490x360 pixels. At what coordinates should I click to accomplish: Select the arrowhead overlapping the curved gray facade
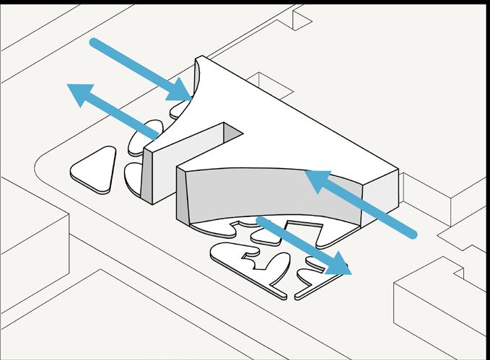tap(316, 180)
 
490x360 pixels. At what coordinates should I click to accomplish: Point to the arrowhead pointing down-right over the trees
tap(338, 266)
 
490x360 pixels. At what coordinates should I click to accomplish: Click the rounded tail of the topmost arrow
tap(95, 43)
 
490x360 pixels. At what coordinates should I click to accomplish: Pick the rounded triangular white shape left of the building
tap(95, 170)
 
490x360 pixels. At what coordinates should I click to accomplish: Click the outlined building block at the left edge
tap(29, 238)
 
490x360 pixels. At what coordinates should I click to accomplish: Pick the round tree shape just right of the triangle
tap(133, 176)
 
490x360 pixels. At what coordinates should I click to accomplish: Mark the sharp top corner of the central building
tap(203, 58)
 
